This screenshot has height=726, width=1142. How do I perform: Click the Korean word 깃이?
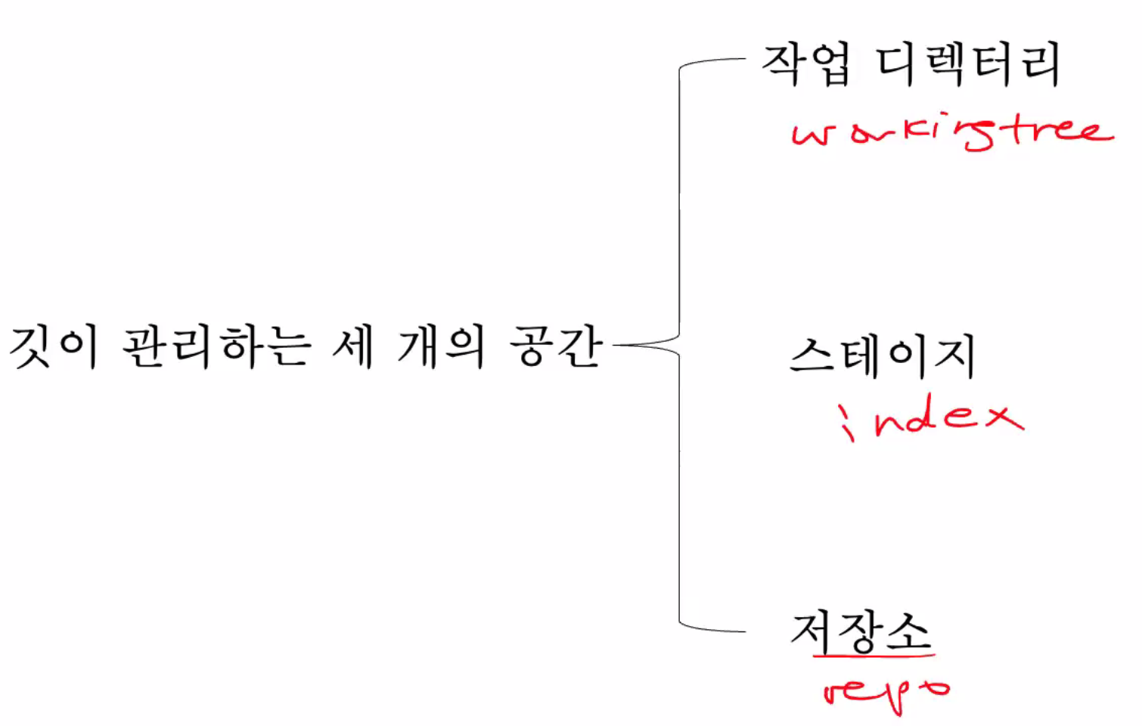click(53, 348)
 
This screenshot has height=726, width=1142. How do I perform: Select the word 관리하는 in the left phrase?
click(216, 348)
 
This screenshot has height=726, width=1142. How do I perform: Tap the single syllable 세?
click(353, 347)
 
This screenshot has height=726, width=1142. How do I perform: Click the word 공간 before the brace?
click(556, 347)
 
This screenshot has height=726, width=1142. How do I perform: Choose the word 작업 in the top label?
click(805, 64)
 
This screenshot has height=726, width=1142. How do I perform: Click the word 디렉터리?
click(968, 64)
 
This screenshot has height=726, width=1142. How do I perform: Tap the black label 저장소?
click(861, 631)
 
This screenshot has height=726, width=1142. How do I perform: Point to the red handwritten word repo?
click(885, 690)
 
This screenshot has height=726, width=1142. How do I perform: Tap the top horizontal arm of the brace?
click(715, 60)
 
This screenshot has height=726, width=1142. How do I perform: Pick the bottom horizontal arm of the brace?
click(715, 628)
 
